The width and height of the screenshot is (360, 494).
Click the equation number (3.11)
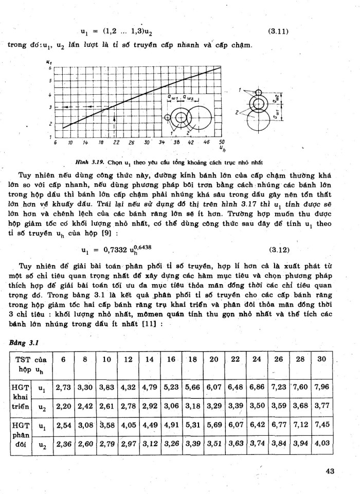tap(278, 31)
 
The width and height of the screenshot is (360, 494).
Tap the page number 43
tap(332, 470)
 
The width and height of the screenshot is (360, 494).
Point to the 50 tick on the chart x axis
tap(222, 142)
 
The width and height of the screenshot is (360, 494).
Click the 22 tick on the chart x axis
tap(116, 142)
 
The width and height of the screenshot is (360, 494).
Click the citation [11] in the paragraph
tap(152, 324)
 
